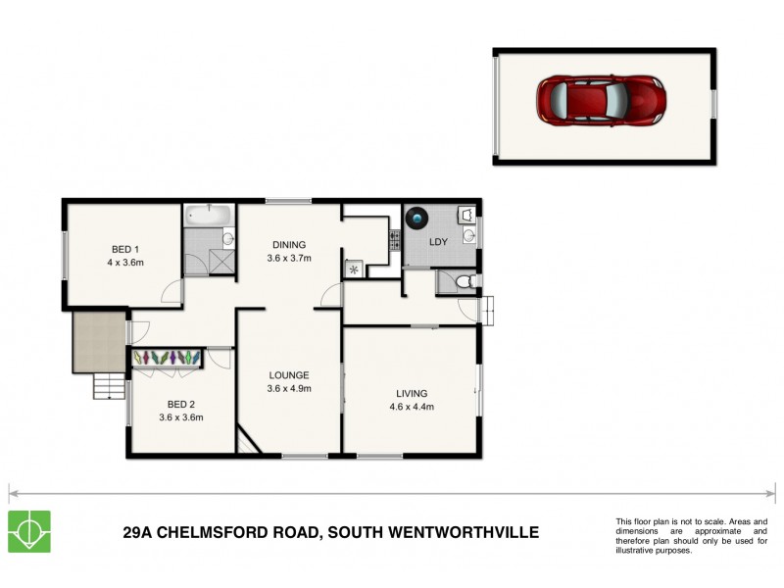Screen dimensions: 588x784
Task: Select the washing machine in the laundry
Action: [x=420, y=217]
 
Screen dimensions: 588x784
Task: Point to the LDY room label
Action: [x=439, y=241]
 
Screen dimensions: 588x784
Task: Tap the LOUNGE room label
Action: [x=288, y=374]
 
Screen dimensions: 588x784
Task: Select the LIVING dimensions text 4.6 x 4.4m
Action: [x=412, y=407]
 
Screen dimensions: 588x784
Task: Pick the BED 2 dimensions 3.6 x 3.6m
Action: [x=180, y=416]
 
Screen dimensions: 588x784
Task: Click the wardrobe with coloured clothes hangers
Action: [x=168, y=359]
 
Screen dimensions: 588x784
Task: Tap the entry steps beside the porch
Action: [x=109, y=388]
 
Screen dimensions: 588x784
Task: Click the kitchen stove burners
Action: [x=394, y=238]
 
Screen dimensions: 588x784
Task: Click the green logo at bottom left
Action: [x=29, y=532]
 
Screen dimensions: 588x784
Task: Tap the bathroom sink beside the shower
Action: [x=227, y=238]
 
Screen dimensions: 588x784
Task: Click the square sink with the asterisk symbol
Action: [x=352, y=267]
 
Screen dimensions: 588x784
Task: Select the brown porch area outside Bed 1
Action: [x=97, y=341]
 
